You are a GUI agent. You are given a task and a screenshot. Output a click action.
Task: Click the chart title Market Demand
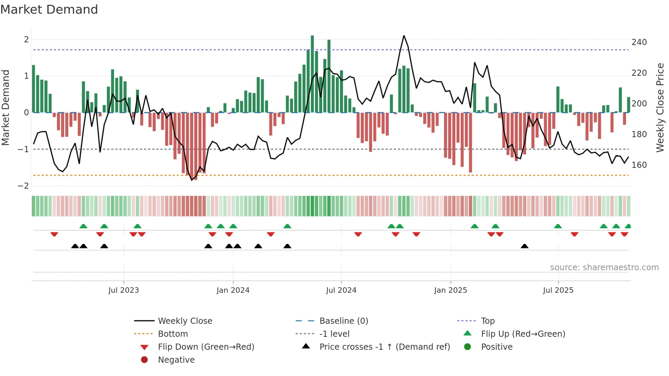(x=49, y=10)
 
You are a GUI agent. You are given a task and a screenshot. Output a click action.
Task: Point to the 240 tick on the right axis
(x=639, y=42)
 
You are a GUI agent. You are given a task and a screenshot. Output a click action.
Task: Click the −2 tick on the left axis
(x=24, y=186)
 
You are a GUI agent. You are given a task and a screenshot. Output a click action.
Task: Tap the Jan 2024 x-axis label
(x=233, y=290)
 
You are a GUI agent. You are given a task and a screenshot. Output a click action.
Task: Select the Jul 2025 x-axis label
(x=558, y=290)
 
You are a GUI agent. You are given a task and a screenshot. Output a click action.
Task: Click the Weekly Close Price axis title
(x=660, y=107)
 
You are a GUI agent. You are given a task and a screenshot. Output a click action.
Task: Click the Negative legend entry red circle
(x=144, y=360)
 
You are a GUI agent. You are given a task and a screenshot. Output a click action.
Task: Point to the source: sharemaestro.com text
(x=604, y=267)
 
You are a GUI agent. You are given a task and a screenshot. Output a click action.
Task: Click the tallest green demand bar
(x=312, y=73)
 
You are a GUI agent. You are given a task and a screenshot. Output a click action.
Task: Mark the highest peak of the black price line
(x=404, y=36)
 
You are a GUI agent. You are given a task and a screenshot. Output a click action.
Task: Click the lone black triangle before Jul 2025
(x=525, y=246)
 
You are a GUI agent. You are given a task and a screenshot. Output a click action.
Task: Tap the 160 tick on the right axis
(x=639, y=165)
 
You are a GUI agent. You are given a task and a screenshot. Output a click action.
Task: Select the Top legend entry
(x=487, y=321)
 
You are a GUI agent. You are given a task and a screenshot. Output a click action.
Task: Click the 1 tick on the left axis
(x=26, y=76)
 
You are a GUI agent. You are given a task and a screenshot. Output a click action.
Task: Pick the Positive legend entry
(x=496, y=347)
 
